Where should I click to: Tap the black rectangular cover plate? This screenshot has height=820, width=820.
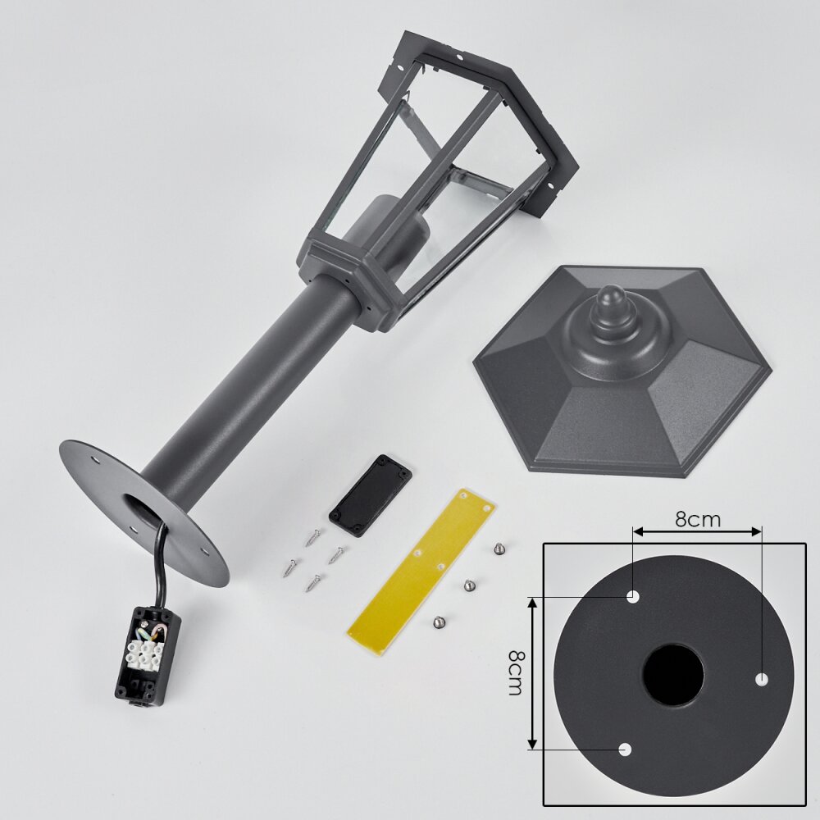[x=371, y=496]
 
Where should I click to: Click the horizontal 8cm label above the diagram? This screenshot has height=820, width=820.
[x=698, y=519]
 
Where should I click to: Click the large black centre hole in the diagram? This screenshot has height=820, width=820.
[x=673, y=676]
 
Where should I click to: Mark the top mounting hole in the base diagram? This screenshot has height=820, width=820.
[x=633, y=596]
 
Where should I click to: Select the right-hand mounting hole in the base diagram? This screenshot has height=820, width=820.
[x=762, y=679]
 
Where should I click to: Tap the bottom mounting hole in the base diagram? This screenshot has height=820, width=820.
[x=625, y=749]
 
